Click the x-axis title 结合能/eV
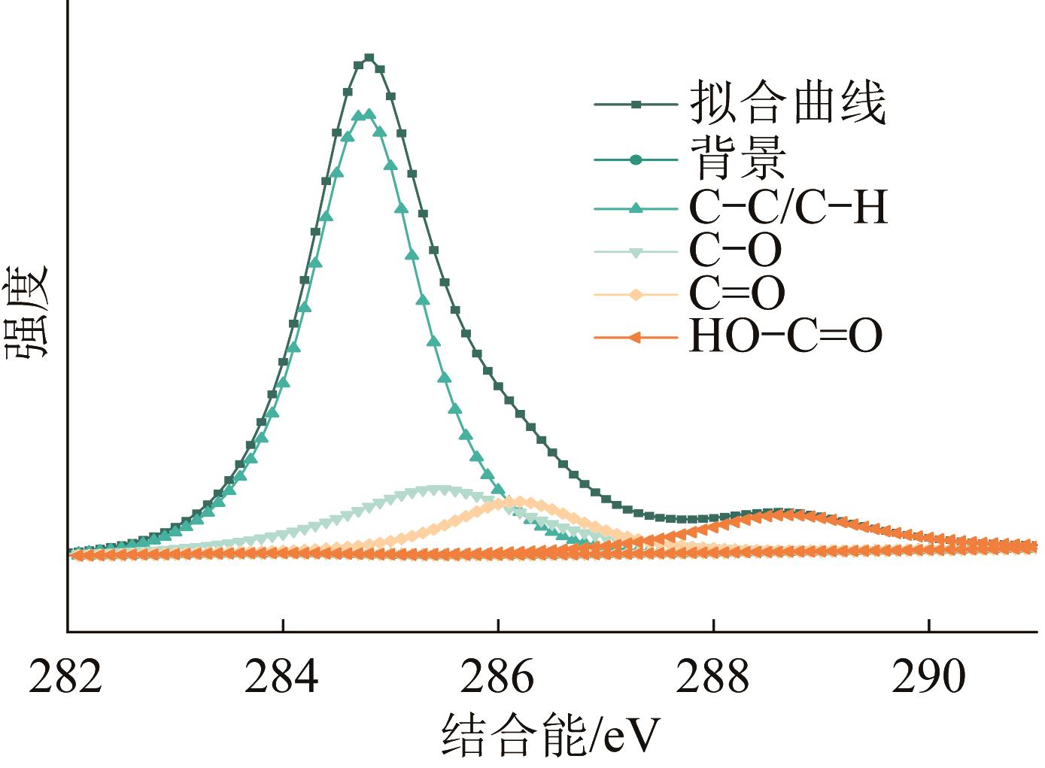click(x=549, y=735)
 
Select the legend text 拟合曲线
click(x=787, y=103)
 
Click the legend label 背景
click(x=737, y=159)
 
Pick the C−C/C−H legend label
click(x=787, y=207)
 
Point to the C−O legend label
click(x=735, y=250)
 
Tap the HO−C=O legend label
click(x=785, y=337)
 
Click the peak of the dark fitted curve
click(x=369, y=58)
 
